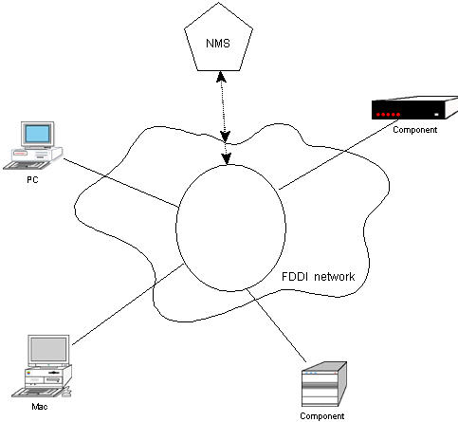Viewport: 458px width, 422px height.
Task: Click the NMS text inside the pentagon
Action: pos(218,44)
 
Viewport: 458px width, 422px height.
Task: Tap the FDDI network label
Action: pos(318,277)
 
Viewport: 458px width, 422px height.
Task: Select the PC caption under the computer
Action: pos(32,180)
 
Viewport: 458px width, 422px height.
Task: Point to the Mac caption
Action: pos(40,407)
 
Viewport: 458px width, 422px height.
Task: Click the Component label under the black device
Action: pos(414,130)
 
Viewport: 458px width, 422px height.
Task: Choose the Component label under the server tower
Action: pos(322,416)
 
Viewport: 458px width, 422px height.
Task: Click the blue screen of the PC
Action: pos(38,134)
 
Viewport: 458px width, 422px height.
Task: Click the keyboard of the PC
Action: pos(27,165)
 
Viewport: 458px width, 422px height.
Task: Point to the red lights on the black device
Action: pos(388,115)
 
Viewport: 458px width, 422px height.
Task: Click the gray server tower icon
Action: pos(324,384)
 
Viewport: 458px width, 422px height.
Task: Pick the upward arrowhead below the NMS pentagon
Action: pos(221,77)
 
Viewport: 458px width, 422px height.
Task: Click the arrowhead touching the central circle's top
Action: pos(227,159)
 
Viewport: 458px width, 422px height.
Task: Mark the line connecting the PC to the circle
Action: pos(121,183)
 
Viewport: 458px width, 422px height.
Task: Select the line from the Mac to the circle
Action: pos(128,304)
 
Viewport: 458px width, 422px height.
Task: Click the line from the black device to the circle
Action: pos(339,155)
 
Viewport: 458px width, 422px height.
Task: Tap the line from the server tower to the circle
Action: pos(276,324)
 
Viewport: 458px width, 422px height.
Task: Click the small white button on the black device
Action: pos(436,115)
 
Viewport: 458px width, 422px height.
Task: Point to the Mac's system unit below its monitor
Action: pos(48,376)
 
